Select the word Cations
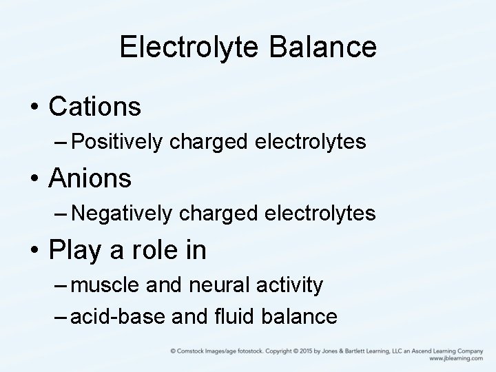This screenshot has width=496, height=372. click(x=95, y=107)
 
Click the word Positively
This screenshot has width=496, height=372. click(x=117, y=143)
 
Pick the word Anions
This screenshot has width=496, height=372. click(x=90, y=178)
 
